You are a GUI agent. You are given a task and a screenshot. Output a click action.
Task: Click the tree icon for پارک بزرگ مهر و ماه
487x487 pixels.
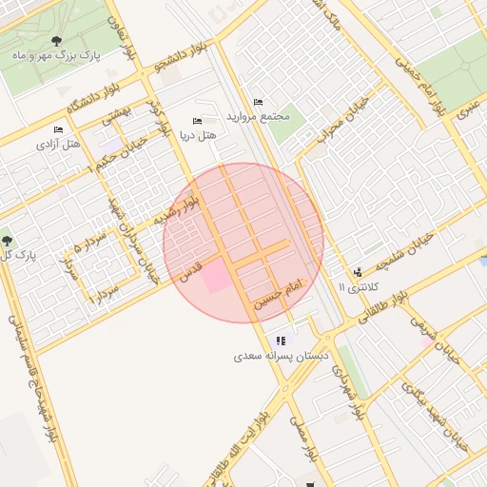58,41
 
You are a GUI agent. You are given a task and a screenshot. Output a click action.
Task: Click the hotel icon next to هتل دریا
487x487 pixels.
197,121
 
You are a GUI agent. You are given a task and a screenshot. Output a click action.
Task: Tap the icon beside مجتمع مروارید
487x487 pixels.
258,102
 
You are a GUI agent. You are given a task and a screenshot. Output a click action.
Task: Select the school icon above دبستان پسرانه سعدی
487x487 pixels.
281,341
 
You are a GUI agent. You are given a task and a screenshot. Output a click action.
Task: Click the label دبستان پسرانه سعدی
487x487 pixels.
281,358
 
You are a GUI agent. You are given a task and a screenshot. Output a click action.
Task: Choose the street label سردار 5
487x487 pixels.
93,250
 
